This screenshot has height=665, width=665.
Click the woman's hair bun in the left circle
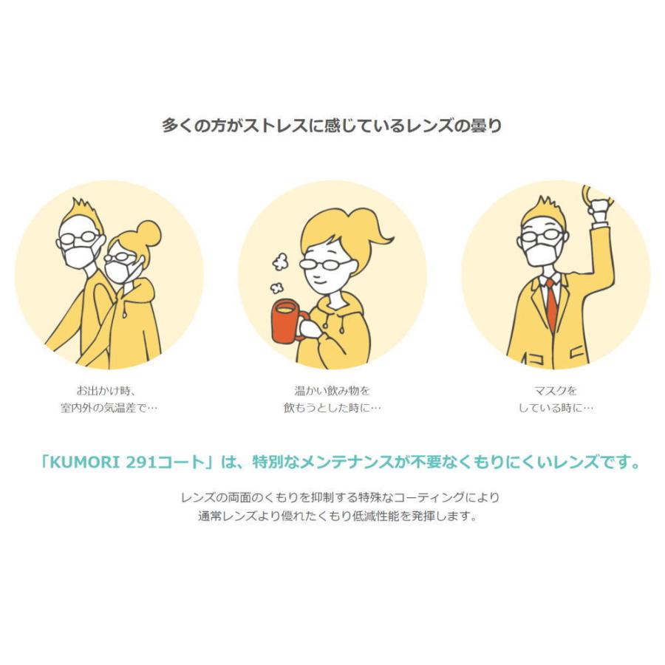pos(149,233)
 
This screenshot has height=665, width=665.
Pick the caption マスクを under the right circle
pos(555,390)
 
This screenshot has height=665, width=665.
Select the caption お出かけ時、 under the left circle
pos(109,390)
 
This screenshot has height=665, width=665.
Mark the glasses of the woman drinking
pos(325,263)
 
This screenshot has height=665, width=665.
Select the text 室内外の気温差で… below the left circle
pos(109,408)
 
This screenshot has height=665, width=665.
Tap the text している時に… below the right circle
pos(555,408)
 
